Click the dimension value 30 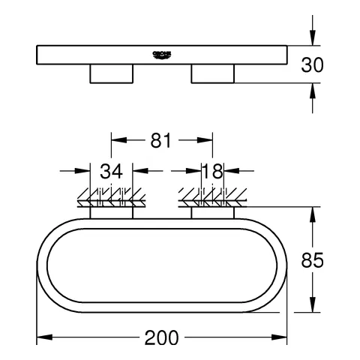click(312, 64)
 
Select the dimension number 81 click(162, 140)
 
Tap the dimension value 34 click(111, 172)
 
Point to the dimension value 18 click(212, 172)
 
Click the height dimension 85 click(312, 260)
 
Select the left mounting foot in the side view click(112, 73)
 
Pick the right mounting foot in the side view click(212, 73)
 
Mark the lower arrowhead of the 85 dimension click(312, 307)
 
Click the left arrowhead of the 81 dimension click(116, 140)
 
